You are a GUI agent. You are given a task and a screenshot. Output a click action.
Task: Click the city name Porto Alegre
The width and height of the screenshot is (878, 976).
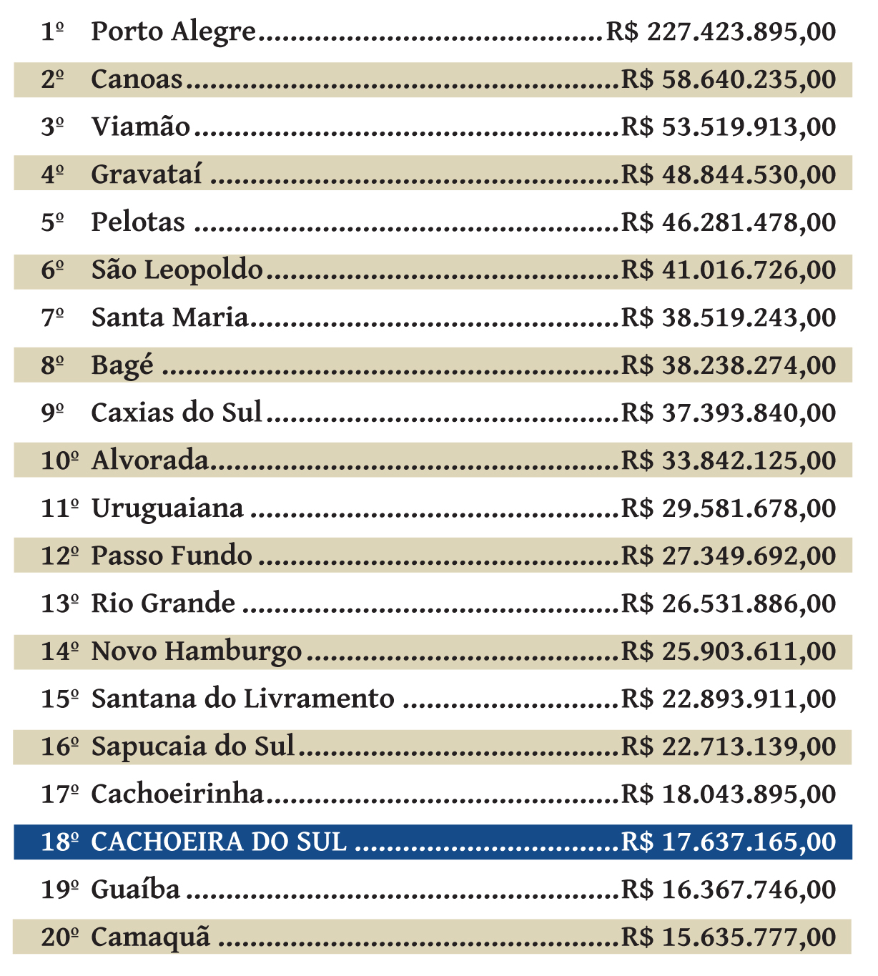coord(173,32)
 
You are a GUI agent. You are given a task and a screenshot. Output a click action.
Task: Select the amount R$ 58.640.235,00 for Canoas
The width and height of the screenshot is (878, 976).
coord(728,79)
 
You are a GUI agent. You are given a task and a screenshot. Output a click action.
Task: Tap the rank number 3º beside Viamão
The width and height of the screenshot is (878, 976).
coord(52,127)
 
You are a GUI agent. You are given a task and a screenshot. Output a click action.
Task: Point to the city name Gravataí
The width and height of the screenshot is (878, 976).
coord(146,175)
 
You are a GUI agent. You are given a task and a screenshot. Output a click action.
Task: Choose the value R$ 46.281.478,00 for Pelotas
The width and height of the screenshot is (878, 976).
coord(728,222)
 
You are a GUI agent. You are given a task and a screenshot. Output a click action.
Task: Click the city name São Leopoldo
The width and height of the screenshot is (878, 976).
coord(177,270)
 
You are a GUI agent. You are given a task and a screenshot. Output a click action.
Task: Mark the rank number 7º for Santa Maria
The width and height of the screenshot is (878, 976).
coord(52,318)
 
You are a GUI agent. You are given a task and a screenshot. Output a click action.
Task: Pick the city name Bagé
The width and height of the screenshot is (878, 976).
coord(122,365)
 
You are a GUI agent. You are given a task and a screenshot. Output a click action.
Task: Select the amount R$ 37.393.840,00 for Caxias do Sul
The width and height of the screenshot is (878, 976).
coord(728,413)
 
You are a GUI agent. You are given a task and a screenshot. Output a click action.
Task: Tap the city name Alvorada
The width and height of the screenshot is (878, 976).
coord(149,460)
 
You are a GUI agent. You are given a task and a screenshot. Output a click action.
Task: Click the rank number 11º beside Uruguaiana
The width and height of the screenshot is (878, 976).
coord(59,508)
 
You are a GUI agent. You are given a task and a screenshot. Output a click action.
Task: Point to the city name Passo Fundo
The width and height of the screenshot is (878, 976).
coord(172,556)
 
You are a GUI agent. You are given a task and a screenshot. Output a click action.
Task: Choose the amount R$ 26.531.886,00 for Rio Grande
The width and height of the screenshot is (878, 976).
coord(728,603)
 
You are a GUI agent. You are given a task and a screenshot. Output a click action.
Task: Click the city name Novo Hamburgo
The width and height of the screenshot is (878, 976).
coord(197,651)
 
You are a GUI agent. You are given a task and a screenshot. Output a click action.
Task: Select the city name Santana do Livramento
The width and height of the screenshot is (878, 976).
coord(242,699)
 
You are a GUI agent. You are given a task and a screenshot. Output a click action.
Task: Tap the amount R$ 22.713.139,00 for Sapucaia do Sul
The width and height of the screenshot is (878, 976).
coord(728,746)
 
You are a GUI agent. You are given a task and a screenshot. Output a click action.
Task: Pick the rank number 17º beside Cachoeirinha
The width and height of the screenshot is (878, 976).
coord(59,794)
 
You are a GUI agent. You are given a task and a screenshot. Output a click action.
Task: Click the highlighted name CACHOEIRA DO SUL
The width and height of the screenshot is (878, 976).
coord(219,842)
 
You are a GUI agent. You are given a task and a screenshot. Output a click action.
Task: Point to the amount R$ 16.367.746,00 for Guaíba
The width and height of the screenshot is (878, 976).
coord(728,889)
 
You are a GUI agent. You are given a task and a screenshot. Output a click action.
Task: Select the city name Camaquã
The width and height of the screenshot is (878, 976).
coord(151,937)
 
